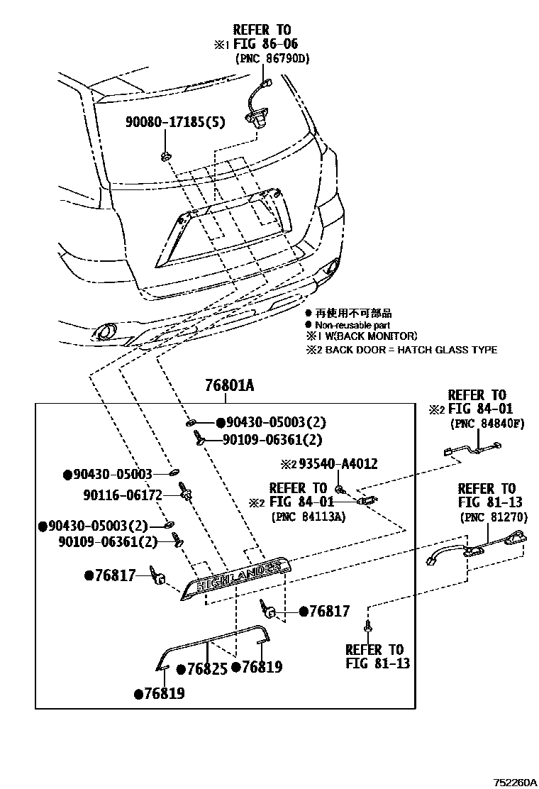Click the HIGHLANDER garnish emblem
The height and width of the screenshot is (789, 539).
[x=238, y=576]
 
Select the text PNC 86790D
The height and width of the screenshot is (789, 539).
[x=272, y=59]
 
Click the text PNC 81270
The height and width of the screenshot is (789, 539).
[x=494, y=517]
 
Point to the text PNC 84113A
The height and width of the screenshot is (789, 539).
[x=308, y=517]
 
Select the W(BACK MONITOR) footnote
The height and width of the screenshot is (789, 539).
[x=367, y=336]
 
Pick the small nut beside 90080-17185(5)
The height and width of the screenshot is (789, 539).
[x=165, y=155]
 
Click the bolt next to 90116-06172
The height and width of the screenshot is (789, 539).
[x=187, y=492]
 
